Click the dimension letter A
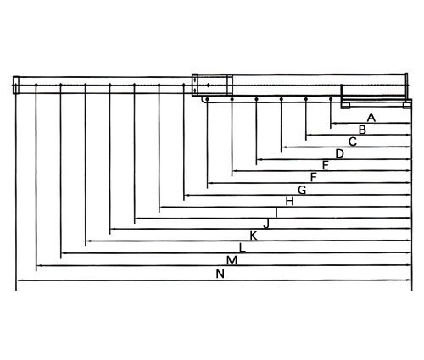pos(371,118)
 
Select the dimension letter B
pos(362,130)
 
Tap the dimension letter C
pos(353,141)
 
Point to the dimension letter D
pos(339,153)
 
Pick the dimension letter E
pos(326,165)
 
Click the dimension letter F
pos(313,177)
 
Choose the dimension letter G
pos(302,190)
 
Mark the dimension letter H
pos(289,202)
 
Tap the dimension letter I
pos(276,213)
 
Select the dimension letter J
pos(266,224)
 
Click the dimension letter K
pos(254,235)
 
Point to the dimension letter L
pos(243,247)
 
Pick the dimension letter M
pos(232,260)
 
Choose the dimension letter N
pos(220,274)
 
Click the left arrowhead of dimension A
pos(333,123)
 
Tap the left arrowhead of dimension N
pos(20,280)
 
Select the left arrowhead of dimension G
pos(187,195)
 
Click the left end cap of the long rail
pos(16,85)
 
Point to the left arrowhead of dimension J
pos(113,229)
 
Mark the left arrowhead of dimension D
pos(259,159)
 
